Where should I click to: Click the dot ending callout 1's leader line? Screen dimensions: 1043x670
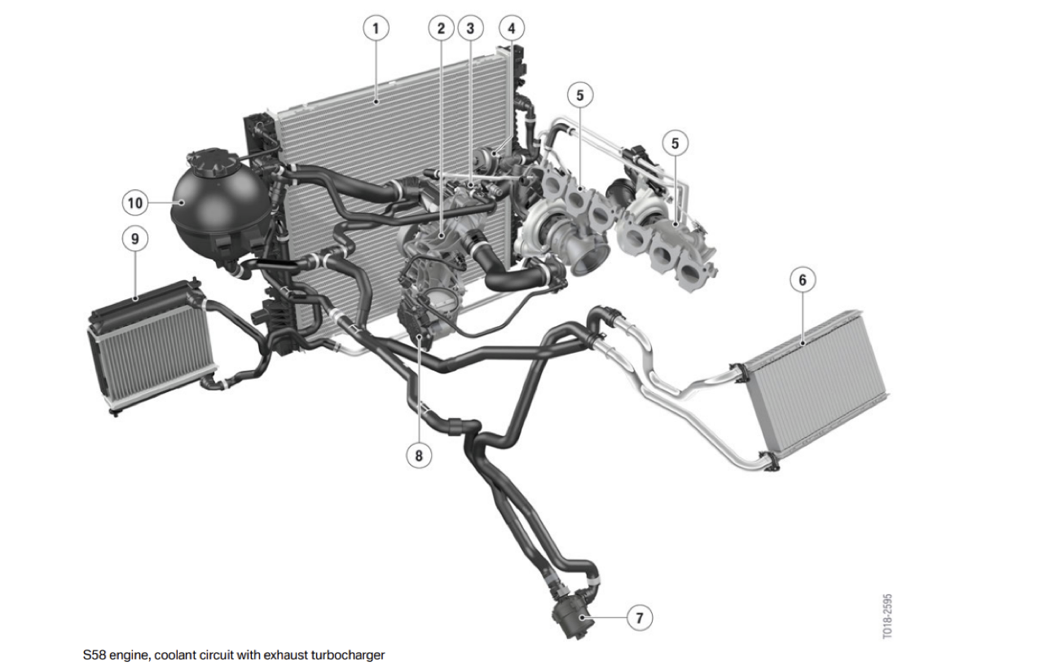point(376,101)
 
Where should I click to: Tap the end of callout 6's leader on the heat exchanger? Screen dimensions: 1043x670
point(803,344)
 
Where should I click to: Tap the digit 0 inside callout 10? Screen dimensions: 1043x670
point(139,203)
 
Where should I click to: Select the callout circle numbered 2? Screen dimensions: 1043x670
point(441,29)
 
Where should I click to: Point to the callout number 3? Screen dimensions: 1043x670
point(470,29)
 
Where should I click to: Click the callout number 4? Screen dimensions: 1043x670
point(512,29)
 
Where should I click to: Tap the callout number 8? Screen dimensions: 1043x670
point(419,455)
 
